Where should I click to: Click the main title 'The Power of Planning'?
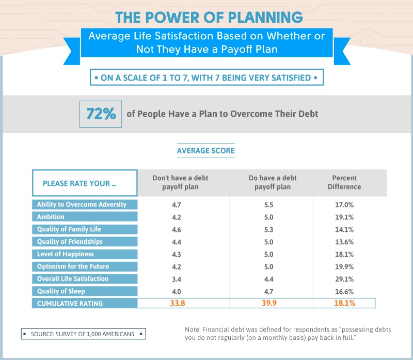pos(209,17)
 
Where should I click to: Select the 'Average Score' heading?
pos(206,151)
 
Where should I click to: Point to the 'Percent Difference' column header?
pos(344,182)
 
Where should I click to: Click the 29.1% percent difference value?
pos(344,279)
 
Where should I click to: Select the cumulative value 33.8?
pos(178,303)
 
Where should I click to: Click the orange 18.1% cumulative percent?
pos(344,303)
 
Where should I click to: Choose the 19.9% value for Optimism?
pos(344,267)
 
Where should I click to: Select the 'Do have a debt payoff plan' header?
pos(273,182)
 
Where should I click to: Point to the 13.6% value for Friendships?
pos(344,242)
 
